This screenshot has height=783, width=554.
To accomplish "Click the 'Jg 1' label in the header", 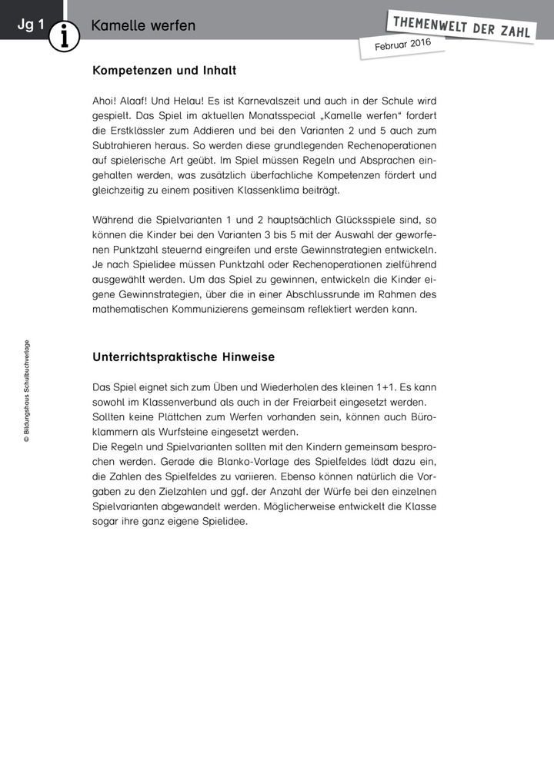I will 31,25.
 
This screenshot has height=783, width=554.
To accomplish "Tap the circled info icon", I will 65,35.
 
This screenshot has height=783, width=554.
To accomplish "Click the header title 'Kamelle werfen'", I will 143,25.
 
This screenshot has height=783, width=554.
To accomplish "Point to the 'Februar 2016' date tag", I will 402,45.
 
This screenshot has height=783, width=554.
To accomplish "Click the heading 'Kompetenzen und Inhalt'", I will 164,71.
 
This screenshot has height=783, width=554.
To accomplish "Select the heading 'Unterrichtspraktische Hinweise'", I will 183,357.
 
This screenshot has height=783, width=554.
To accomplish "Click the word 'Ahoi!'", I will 105,101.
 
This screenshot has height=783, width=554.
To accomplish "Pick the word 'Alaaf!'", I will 144,101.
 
